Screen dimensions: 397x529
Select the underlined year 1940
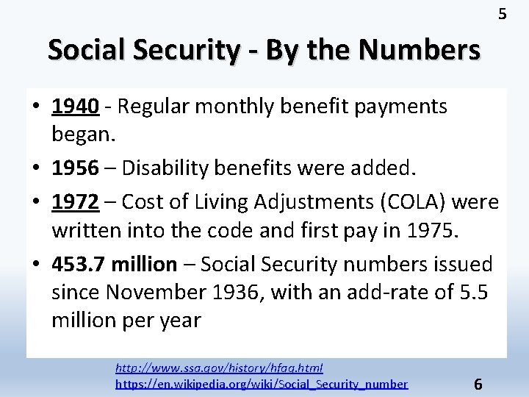coord(76,107)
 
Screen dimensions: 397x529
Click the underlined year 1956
coord(76,168)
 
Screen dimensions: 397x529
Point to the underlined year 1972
coord(76,202)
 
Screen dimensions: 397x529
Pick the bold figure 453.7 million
coord(115,264)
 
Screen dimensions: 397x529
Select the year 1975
coord(430,232)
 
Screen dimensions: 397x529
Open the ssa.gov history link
coord(220,368)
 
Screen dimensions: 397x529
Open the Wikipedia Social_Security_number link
coord(262,384)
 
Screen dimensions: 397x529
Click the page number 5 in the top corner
coord(503,14)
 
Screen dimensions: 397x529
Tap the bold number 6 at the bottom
coord(478,384)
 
